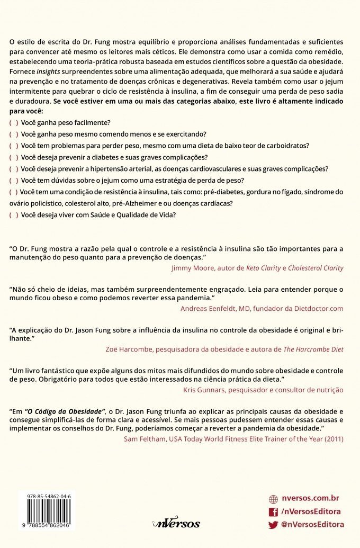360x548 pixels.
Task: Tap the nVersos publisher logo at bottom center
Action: [x=176, y=523]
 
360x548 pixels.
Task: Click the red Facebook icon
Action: [x=273, y=511]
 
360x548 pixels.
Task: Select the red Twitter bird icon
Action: [x=273, y=525]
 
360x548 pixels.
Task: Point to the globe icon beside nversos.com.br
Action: [x=273, y=499]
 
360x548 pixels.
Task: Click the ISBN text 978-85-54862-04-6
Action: [x=47, y=496]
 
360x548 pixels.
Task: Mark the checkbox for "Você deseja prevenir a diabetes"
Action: [x=14, y=157]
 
